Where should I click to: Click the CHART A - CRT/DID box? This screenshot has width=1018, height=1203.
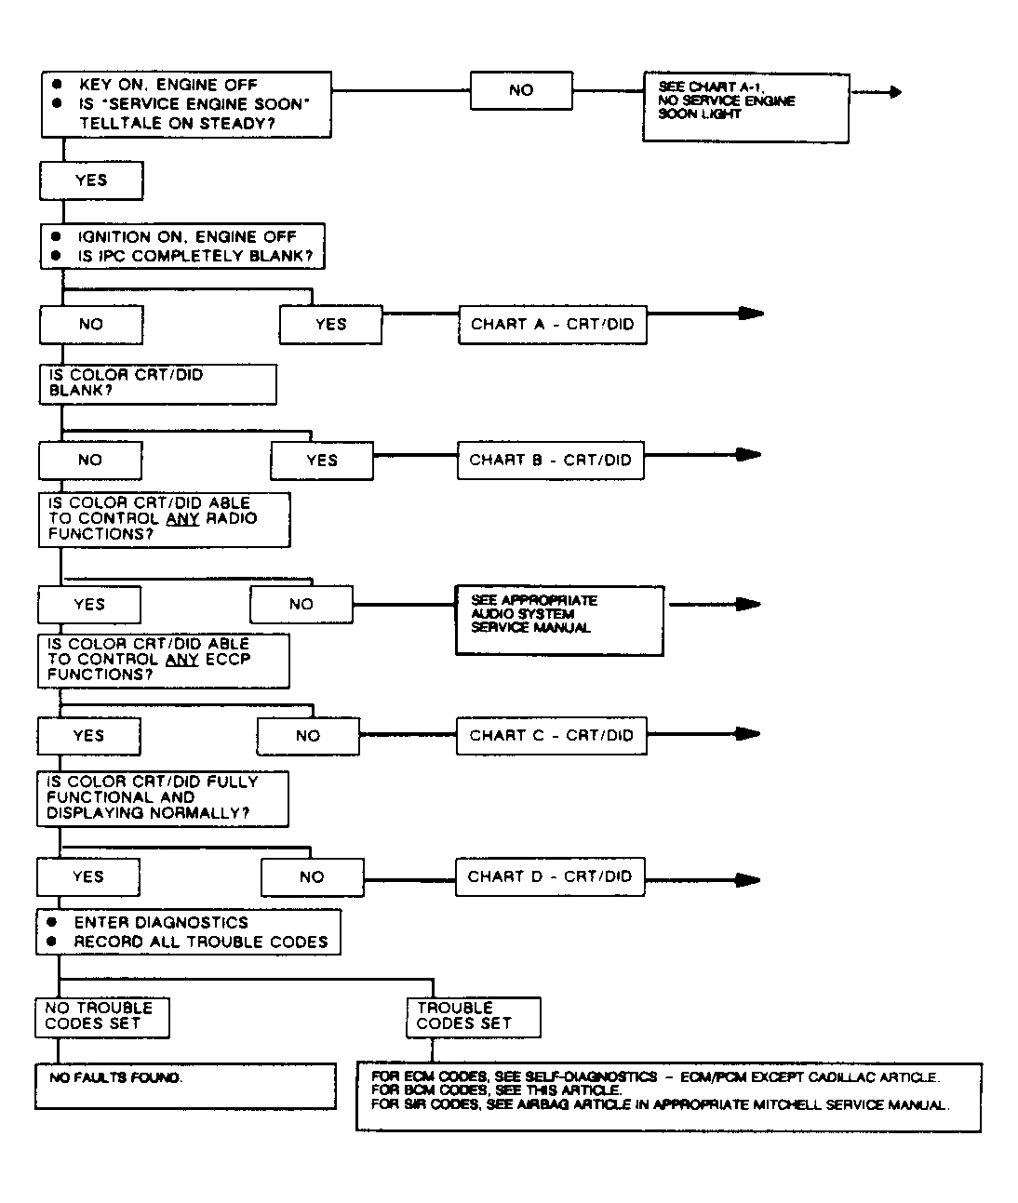[553, 325]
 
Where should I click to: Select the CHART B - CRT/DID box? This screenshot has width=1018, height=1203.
[551, 461]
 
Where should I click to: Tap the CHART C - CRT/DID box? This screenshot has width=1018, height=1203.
[551, 736]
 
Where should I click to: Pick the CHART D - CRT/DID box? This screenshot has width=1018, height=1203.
[550, 876]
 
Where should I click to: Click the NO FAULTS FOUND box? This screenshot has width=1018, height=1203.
[186, 1086]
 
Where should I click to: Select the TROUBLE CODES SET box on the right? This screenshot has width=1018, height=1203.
[474, 1017]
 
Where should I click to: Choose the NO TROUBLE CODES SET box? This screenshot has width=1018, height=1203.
[102, 1017]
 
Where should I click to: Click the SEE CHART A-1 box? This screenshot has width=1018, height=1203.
[745, 108]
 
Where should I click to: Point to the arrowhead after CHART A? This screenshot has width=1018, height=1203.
[751, 314]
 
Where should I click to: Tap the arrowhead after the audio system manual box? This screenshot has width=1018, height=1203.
[748, 604]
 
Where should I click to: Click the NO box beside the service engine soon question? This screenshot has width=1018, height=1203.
[521, 90]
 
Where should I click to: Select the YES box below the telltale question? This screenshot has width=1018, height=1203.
[91, 180]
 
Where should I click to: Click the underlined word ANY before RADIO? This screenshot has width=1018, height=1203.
[182, 518]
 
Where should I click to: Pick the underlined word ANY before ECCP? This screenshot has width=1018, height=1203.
[182, 660]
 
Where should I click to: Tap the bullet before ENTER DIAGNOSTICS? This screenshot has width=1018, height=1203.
[52, 922]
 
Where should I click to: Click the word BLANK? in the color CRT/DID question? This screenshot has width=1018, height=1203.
[80, 391]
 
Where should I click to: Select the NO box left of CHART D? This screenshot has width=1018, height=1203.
[313, 877]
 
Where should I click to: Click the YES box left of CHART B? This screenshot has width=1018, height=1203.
[322, 461]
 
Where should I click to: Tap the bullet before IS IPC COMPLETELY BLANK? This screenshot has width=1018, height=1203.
[56, 256]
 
